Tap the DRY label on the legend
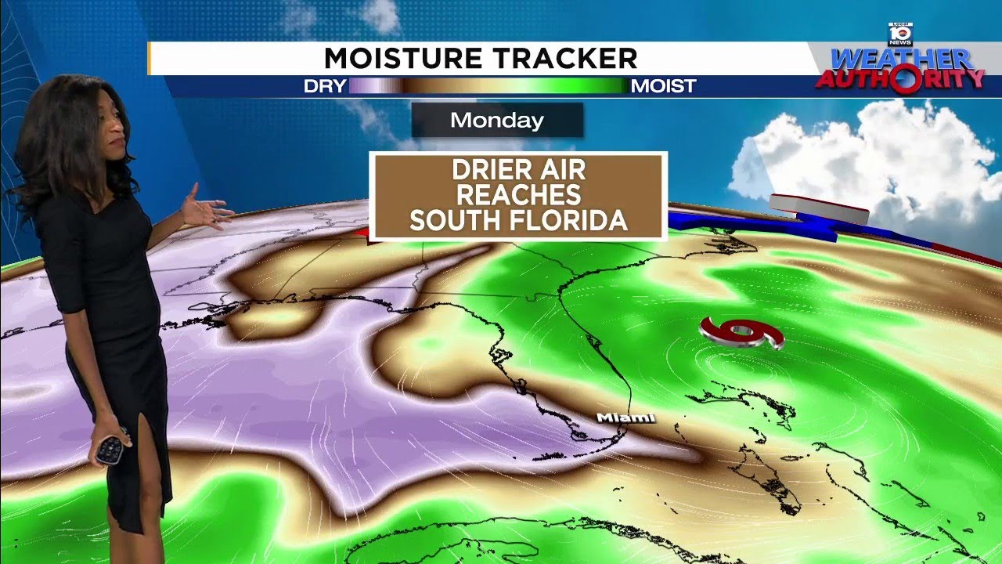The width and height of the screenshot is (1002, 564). [325, 86]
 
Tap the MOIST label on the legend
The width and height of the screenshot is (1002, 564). [663, 86]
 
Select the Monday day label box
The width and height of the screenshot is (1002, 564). [497, 121]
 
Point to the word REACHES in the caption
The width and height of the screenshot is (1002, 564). [518, 195]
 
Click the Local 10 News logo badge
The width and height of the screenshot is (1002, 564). [900, 34]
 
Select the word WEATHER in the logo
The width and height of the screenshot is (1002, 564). [901, 59]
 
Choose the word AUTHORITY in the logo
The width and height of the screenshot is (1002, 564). [900, 78]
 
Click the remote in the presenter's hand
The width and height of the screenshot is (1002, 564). [111, 447]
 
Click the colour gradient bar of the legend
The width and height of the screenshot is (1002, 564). [488, 86]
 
